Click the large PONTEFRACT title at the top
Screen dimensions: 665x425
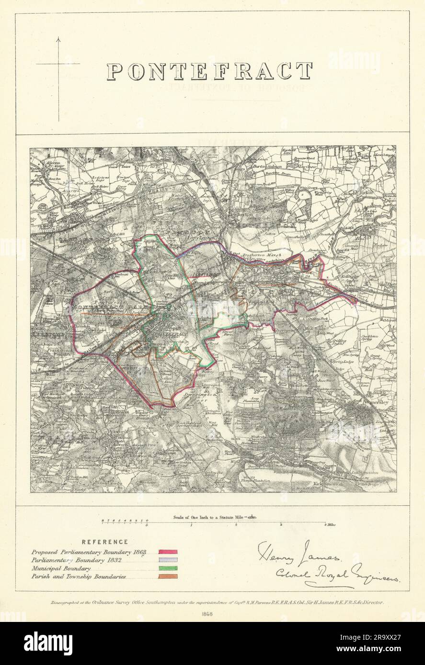pos(209,72)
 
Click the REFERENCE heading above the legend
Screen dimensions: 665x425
pos(105,542)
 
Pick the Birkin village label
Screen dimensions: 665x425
pos(381,192)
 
